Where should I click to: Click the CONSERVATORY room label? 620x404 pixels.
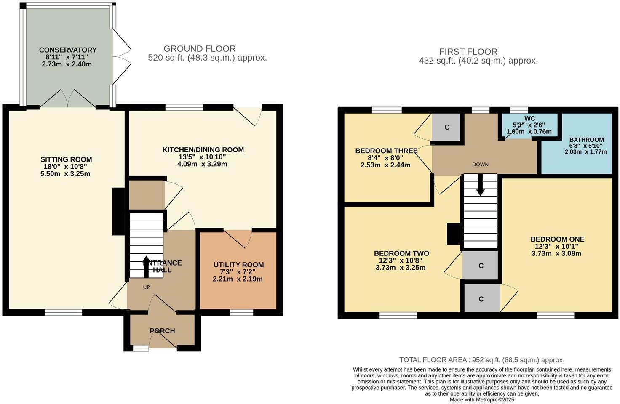click(x=67, y=50)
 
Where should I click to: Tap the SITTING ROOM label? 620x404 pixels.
click(x=66, y=159)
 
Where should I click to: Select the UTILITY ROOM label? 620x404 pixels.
click(x=238, y=265)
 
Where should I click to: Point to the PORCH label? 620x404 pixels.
click(x=162, y=331)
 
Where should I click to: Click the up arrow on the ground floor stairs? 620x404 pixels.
click(x=146, y=266)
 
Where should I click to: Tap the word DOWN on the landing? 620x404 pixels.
click(x=480, y=165)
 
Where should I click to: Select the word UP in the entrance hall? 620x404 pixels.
click(x=146, y=287)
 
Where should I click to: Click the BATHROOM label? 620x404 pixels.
click(x=586, y=140)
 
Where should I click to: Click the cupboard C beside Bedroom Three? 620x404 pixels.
click(x=447, y=127)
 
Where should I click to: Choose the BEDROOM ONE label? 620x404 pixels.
click(x=557, y=239)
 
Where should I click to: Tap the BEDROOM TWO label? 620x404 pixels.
click(x=401, y=253)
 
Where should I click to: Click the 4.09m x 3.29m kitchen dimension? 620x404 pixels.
click(x=202, y=164)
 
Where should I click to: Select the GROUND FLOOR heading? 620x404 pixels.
click(x=200, y=49)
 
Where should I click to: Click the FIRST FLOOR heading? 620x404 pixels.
click(x=468, y=52)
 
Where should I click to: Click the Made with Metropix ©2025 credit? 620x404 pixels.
click(x=482, y=400)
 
